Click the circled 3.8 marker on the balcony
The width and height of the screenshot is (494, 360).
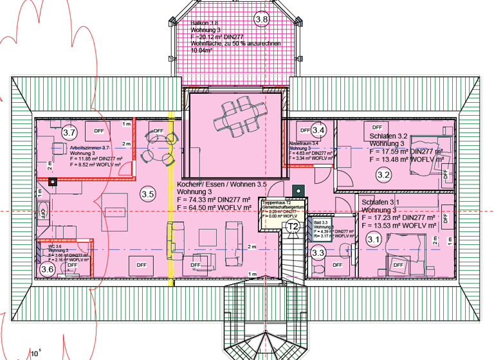tap(262, 19)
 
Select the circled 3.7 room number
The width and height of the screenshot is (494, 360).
tap(70, 132)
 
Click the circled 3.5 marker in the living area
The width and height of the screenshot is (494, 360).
tap(148, 194)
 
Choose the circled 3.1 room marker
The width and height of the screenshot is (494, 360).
tap(374, 239)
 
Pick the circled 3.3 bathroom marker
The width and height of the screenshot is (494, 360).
tap(318, 253)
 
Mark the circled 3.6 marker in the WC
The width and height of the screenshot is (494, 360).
tap(47, 269)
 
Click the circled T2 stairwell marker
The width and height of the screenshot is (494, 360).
tap(293, 226)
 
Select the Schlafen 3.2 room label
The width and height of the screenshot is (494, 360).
tap(389, 136)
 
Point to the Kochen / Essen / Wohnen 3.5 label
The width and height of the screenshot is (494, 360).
tap(221, 185)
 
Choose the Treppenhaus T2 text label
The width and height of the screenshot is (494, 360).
tap(278, 202)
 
